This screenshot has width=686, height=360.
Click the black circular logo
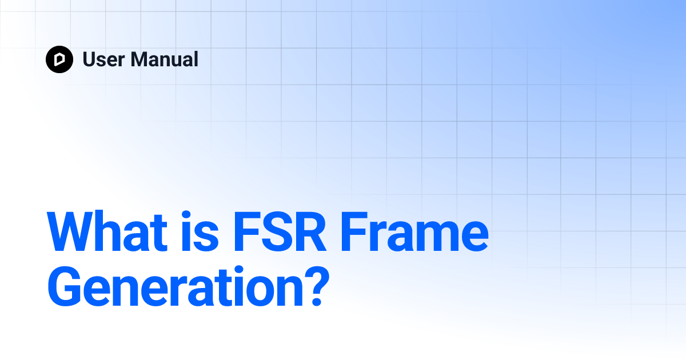[x=59, y=59]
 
